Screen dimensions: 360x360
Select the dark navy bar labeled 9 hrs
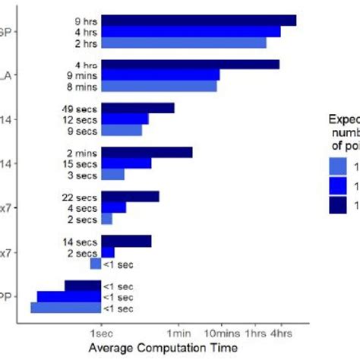[198, 21]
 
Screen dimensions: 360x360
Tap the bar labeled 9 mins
[160, 75]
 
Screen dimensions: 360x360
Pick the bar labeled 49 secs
[137, 108]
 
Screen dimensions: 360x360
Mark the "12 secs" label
[81, 119]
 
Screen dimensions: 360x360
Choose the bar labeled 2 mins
[147, 152]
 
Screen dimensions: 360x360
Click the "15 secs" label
[81, 163]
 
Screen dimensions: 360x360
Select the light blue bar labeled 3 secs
[112, 175]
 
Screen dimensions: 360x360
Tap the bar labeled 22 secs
[130, 197]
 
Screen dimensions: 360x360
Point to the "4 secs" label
[83, 208]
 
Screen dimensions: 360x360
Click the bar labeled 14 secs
[126, 242]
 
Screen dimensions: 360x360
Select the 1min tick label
[178, 333]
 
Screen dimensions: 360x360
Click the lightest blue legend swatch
[339, 166]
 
